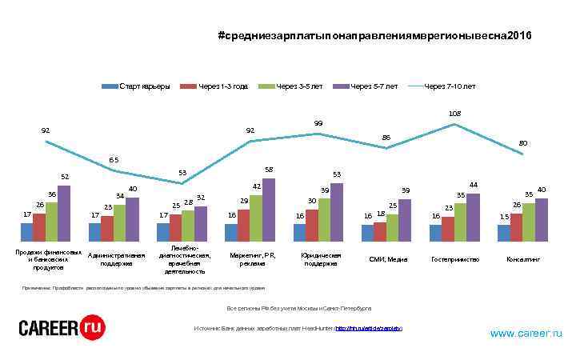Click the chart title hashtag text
tap(374, 37)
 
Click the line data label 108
tap(454, 114)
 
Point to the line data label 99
tap(318, 123)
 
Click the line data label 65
tap(114, 160)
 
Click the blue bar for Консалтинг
tap(503, 233)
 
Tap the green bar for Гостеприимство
tap(460, 222)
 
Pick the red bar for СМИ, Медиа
tap(380, 231)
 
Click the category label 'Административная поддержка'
tap(116, 258)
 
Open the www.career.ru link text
tap(526, 333)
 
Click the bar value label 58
tap(269, 170)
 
